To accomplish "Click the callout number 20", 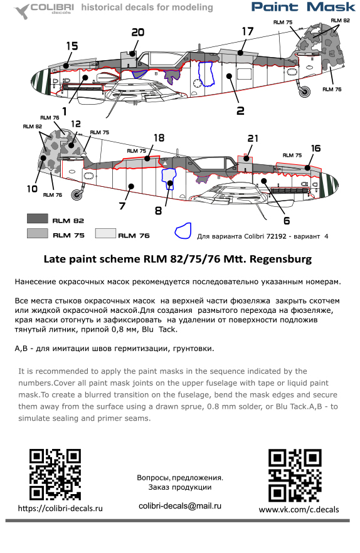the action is click(137, 33).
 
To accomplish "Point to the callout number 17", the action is click(248, 31).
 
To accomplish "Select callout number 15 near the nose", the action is click(72, 46).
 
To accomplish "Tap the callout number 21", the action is click(253, 138).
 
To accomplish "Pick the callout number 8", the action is click(159, 211).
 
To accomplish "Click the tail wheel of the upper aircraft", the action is click(304, 92).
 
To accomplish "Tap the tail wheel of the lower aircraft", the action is click(77, 194).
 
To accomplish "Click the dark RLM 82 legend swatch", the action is click(38, 219).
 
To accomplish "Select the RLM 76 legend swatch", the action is click(105, 233).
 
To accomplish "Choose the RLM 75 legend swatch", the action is click(38, 233).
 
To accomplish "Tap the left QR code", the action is click(55, 475).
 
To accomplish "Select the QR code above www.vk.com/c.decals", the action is click(295, 475).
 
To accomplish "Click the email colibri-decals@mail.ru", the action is click(180, 506).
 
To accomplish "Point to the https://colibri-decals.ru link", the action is click(60, 508).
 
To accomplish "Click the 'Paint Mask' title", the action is click(304, 7).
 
